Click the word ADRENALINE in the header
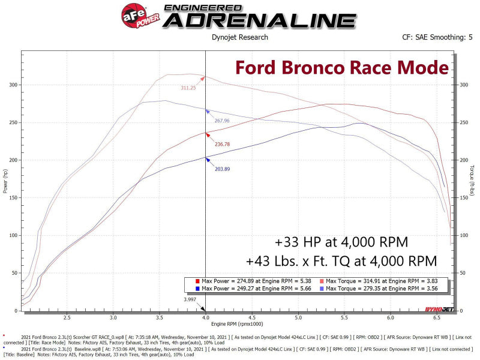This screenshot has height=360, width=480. click(x=259, y=19)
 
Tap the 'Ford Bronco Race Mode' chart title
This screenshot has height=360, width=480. click(x=341, y=67)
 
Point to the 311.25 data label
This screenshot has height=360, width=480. click(x=188, y=88)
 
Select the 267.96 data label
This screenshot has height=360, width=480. click(x=222, y=121)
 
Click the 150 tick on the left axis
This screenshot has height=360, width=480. click(x=13, y=198)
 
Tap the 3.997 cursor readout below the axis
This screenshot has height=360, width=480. click(x=190, y=299)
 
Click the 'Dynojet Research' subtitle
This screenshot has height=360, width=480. click(x=240, y=37)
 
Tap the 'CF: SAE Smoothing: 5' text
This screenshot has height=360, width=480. click(x=433, y=37)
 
